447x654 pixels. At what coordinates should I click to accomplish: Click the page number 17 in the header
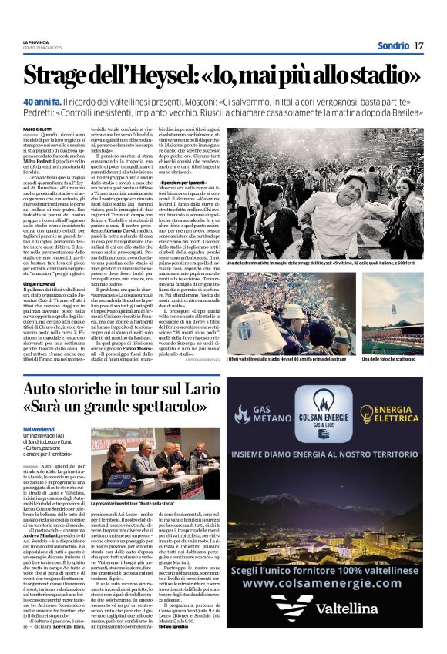[x=418, y=45]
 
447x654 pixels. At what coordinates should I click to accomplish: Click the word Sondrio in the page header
[x=389, y=45]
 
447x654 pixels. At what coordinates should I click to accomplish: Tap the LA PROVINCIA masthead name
[x=36, y=42]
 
